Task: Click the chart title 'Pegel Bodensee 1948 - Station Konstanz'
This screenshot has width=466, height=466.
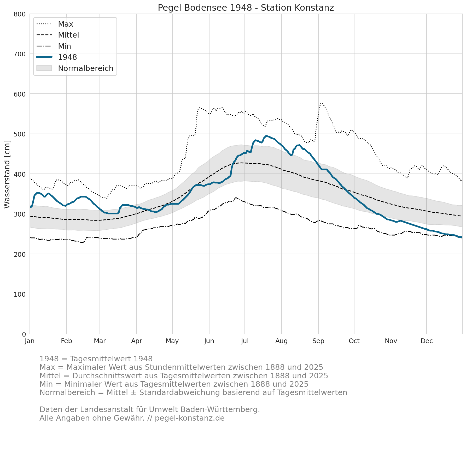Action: pos(246,8)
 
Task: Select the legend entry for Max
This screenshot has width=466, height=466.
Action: pos(55,24)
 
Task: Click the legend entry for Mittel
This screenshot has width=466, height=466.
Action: pos(57,35)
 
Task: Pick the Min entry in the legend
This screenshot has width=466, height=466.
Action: pos(54,46)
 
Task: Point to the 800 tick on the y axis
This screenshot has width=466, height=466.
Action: pos(20,14)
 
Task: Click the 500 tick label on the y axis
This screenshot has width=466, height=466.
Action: pos(20,134)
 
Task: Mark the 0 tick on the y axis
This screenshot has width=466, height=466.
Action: pos(24,334)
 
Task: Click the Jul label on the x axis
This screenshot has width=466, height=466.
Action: pos(245,341)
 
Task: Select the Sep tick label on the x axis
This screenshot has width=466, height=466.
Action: pos(318,341)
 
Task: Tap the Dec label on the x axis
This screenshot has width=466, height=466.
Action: pos(427,341)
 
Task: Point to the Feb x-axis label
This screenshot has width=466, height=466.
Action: pos(66,341)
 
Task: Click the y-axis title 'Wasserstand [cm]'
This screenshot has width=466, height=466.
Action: pos(7,174)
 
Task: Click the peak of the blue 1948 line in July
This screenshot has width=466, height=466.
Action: pos(266,136)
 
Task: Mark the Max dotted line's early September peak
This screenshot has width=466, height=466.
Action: pos(321,103)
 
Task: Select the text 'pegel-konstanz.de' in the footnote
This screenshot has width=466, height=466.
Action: pos(190,418)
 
